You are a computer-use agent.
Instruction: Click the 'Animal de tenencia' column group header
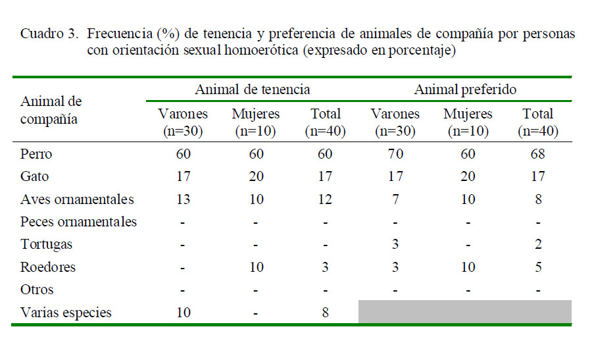(252, 90)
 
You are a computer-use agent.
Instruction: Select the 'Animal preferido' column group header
(465, 90)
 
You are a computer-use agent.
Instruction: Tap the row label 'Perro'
(36, 155)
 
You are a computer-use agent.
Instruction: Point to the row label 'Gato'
(35, 177)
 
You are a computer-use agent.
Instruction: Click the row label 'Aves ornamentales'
(77, 199)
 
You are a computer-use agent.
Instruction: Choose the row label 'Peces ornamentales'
(78, 222)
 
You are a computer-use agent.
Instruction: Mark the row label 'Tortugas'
(46, 244)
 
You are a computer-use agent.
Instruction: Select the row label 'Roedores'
(48, 267)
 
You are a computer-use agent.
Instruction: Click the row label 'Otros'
(37, 290)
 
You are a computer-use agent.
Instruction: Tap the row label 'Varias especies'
(66, 313)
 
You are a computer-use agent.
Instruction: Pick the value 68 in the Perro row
(537, 155)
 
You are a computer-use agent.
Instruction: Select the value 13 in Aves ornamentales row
(184, 199)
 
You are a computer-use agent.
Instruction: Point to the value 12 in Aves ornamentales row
(326, 199)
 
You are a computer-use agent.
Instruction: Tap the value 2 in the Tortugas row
(537, 244)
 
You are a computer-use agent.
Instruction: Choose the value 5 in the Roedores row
(537, 267)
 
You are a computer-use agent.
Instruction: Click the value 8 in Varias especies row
(326, 313)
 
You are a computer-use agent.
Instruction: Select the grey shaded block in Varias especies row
(464, 312)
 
